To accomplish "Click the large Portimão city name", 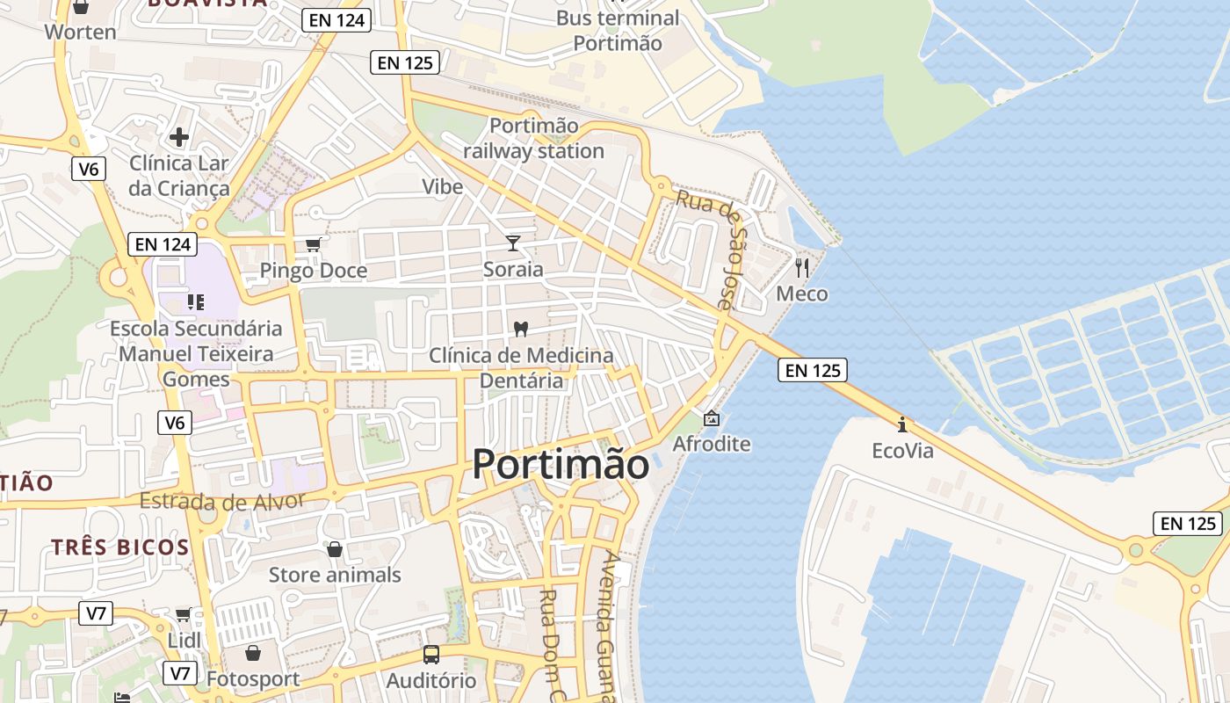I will click(561, 464).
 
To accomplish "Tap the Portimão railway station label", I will click(533, 139).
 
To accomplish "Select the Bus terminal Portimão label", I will click(618, 30).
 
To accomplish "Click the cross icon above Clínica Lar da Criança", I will click(179, 137).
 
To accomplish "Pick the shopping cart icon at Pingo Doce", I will click(313, 244).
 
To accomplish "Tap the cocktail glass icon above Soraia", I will click(513, 243).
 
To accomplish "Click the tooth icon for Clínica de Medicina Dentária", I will click(520, 330).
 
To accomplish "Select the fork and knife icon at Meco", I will click(801, 267).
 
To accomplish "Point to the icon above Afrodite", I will click(711, 418).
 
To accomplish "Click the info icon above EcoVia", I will click(902, 425).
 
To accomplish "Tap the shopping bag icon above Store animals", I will click(335, 549).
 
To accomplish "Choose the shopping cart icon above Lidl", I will click(183, 614).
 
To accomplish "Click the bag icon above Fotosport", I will click(253, 653).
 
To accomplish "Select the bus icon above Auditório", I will click(430, 655).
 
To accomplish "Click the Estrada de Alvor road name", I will click(222, 502).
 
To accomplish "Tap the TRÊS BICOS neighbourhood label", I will click(119, 547).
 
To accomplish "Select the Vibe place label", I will click(443, 186).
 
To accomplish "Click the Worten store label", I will click(80, 33).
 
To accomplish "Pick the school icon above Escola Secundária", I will click(196, 302).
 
